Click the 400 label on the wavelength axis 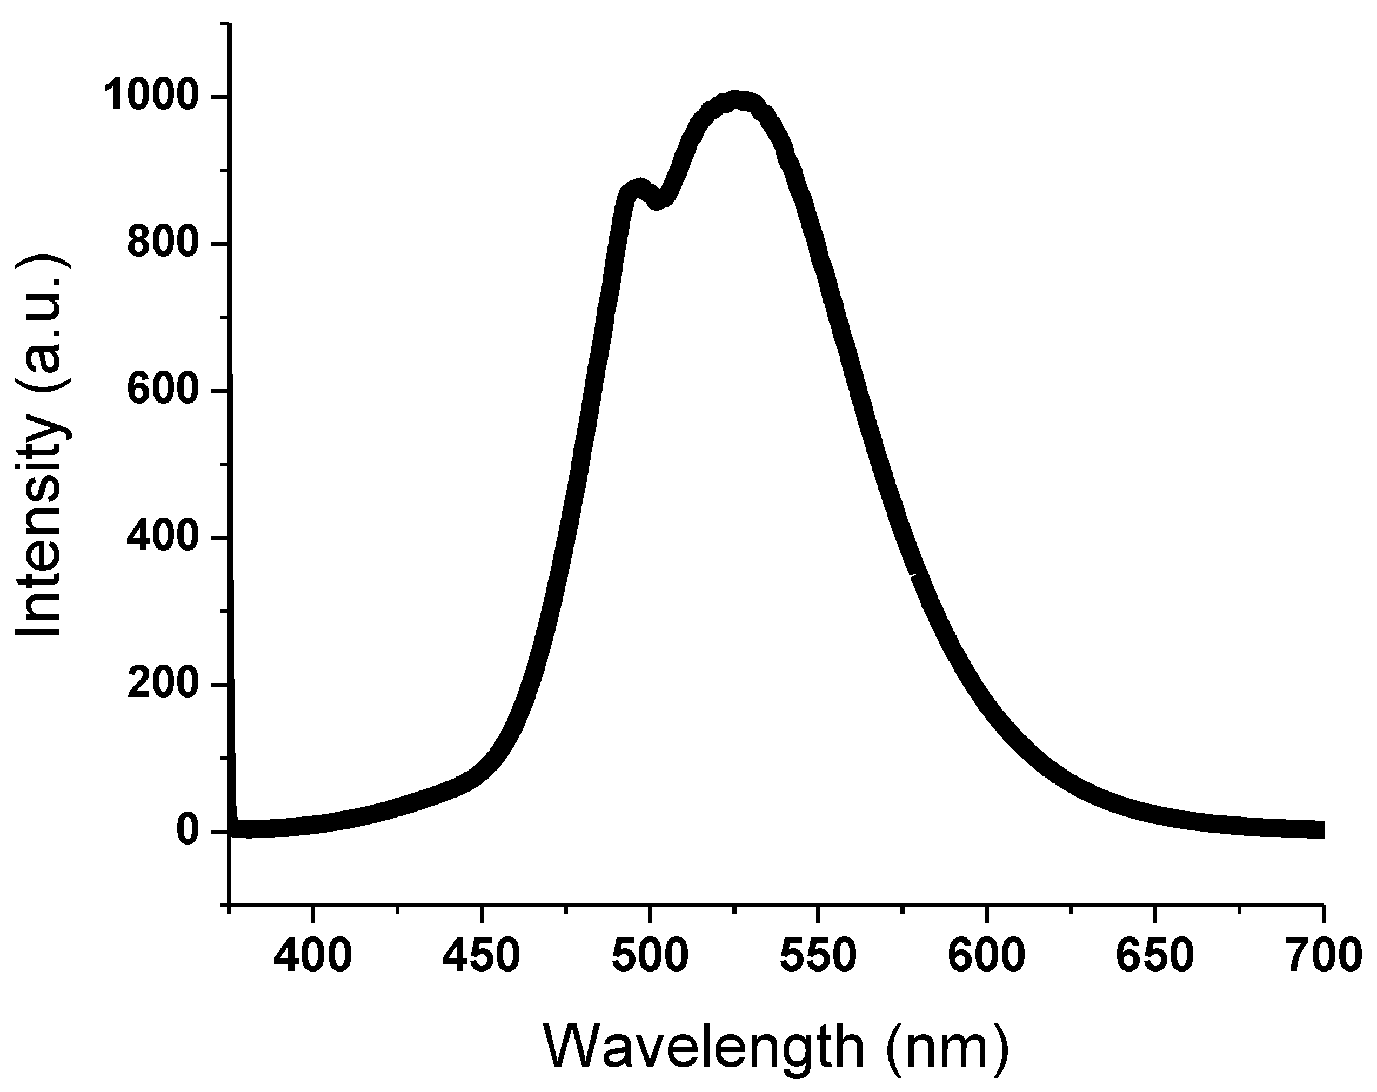[313, 956]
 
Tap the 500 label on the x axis [650, 956]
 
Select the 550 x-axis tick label [818, 956]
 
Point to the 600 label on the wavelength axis [986, 956]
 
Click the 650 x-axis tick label [1155, 956]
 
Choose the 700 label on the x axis [1323, 956]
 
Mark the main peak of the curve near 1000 [737, 101]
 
